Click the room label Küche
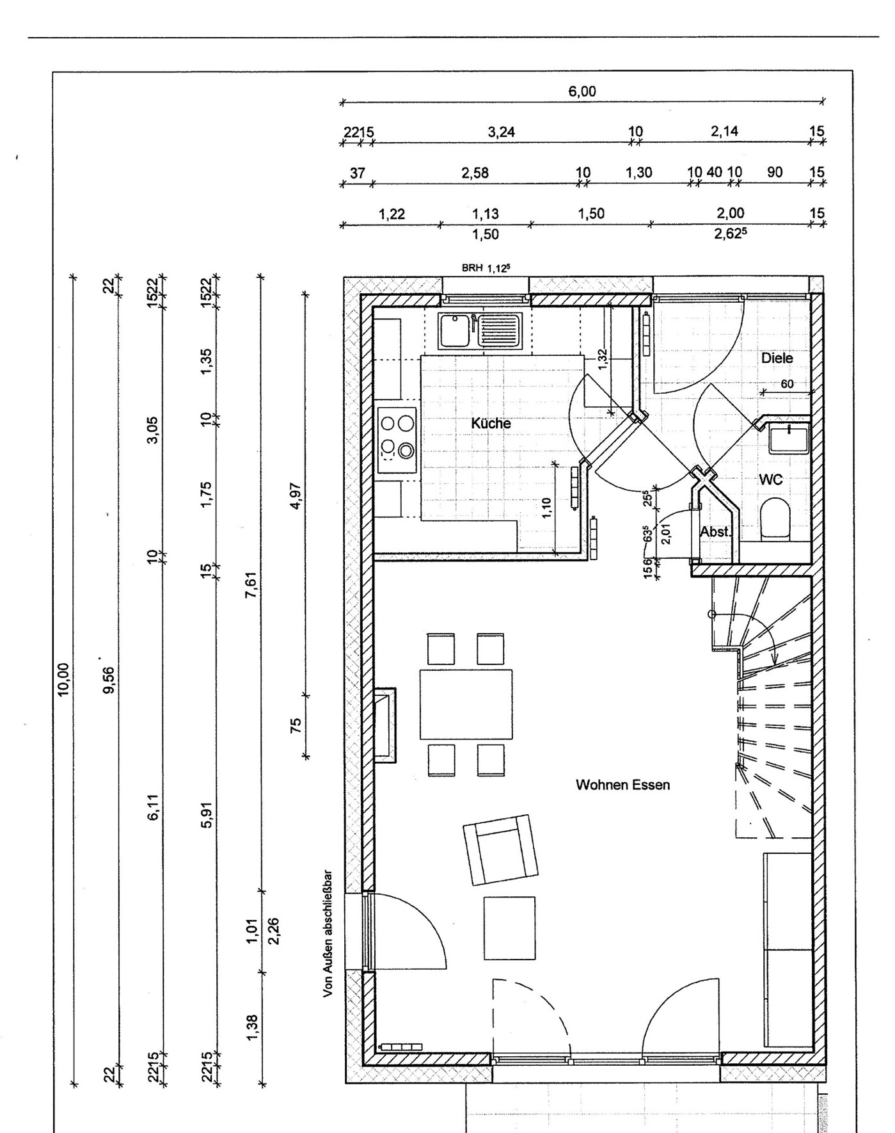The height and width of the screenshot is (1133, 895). coord(491,423)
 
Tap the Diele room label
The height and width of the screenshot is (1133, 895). coord(777,358)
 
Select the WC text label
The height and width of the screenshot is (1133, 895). coord(771,479)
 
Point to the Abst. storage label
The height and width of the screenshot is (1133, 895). coord(715,532)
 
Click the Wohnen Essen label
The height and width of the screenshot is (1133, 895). coord(622,785)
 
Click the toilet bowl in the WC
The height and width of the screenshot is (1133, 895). coord(773,517)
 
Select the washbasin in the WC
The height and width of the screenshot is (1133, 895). coord(789,440)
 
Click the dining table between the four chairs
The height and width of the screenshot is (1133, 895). coord(466,704)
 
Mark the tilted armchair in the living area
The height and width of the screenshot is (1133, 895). coord(501,850)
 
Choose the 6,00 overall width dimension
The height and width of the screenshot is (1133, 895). coord(582,92)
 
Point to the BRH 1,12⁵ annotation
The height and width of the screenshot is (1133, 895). coord(486,268)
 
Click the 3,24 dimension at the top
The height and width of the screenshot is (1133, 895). coord(501,133)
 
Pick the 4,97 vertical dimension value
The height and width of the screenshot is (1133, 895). coord(296,494)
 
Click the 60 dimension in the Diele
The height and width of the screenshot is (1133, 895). coord(787,384)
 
